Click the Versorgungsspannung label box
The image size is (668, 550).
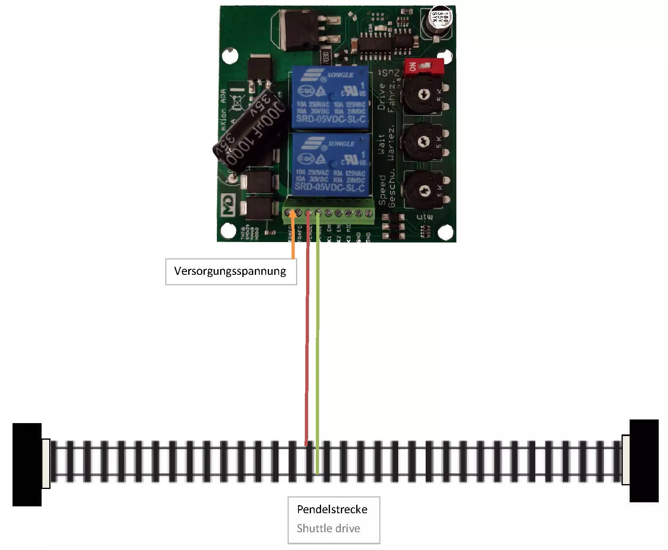click(x=231, y=271)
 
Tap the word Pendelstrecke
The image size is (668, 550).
click(x=332, y=509)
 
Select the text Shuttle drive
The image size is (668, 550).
click(x=328, y=528)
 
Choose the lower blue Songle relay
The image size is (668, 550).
click(x=330, y=166)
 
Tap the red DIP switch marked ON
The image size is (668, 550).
click(x=424, y=66)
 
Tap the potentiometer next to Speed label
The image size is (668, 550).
click(x=424, y=190)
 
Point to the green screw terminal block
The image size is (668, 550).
click(x=328, y=213)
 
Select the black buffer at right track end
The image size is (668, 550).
click(x=644, y=461)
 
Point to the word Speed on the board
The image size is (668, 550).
click(x=382, y=190)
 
